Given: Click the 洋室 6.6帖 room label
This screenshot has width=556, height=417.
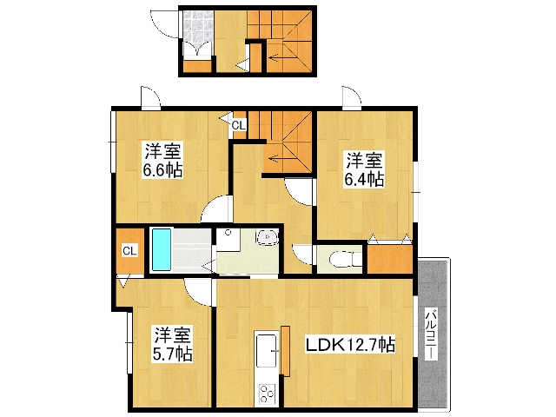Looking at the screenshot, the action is click(x=162, y=160).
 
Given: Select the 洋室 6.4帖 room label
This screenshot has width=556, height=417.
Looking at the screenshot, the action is click(x=365, y=169).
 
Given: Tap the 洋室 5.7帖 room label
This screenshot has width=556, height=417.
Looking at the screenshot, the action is click(x=172, y=344).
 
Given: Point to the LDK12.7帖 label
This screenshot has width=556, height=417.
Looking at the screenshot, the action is click(x=350, y=344).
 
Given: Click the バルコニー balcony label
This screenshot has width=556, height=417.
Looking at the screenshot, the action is click(x=431, y=334).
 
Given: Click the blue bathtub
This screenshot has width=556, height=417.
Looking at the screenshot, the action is click(x=162, y=249).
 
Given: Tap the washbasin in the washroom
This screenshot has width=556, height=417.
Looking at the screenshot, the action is click(x=267, y=237).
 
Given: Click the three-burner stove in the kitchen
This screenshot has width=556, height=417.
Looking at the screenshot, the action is click(x=267, y=393).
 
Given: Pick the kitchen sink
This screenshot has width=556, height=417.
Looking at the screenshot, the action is click(x=267, y=351).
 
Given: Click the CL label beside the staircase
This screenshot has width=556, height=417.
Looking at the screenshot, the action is click(x=239, y=125).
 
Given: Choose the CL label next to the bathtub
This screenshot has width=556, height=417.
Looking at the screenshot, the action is click(x=129, y=251).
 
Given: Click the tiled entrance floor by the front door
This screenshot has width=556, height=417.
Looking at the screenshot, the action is click(x=199, y=27).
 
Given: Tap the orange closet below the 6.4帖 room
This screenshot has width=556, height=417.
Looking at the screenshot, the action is click(x=390, y=259).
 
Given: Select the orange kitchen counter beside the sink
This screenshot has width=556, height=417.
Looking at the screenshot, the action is click(x=285, y=351).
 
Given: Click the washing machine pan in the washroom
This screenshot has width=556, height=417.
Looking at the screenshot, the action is click(x=228, y=240).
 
